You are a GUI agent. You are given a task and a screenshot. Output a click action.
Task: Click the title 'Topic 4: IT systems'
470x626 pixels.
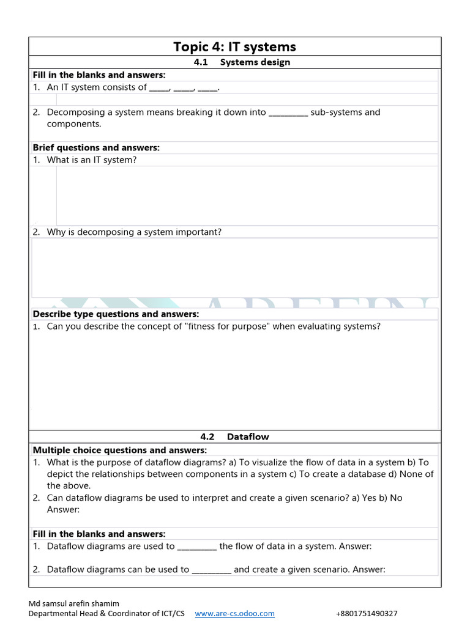tap(234, 46)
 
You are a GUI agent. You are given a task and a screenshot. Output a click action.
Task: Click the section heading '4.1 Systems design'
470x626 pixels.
tap(242, 62)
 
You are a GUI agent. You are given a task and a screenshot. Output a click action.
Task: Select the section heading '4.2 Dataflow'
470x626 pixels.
tap(234, 436)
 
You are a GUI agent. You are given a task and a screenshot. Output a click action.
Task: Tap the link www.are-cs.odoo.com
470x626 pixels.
tap(234, 613)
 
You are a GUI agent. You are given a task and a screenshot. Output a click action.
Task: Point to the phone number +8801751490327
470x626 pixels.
tap(367, 613)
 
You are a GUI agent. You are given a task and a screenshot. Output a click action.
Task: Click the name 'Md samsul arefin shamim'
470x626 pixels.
tap(74, 603)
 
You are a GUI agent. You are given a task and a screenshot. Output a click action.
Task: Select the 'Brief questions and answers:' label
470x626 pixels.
tap(96, 147)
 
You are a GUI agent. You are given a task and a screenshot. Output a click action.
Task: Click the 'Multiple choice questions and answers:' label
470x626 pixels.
tap(120, 450)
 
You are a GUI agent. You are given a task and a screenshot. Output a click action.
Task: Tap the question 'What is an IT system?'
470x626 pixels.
tap(92, 160)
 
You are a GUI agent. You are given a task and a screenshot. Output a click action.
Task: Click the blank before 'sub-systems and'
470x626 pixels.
tap(288, 112)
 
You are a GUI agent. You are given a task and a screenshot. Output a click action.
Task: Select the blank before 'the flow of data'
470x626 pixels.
tap(197, 546)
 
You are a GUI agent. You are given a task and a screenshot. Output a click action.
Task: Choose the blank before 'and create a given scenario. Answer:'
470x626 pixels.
tap(211, 569)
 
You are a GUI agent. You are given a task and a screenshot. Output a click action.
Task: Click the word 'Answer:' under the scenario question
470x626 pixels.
tap(64, 509)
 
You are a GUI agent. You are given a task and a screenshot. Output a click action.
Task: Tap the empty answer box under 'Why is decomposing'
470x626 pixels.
tap(234, 267)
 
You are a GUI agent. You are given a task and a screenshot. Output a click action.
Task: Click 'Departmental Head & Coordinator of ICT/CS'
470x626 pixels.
tap(106, 613)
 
